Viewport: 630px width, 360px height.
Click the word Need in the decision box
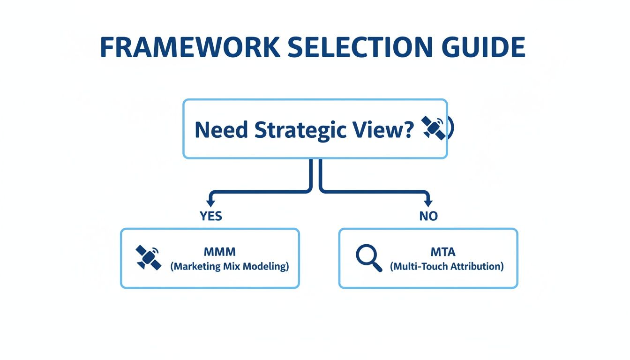[x=221, y=129]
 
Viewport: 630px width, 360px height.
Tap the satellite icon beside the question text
[x=434, y=127]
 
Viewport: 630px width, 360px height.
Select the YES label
[x=210, y=216]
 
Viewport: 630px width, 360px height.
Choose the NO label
[x=428, y=216]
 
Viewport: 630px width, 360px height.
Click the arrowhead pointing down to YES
[x=210, y=203]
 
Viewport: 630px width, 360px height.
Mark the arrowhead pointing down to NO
[x=427, y=203]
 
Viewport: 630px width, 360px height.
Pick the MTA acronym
[x=443, y=252]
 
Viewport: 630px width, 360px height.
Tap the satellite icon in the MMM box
[x=147, y=257]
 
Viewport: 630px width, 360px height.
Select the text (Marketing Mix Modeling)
[x=229, y=266]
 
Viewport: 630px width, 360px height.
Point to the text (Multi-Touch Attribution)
[x=447, y=266]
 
